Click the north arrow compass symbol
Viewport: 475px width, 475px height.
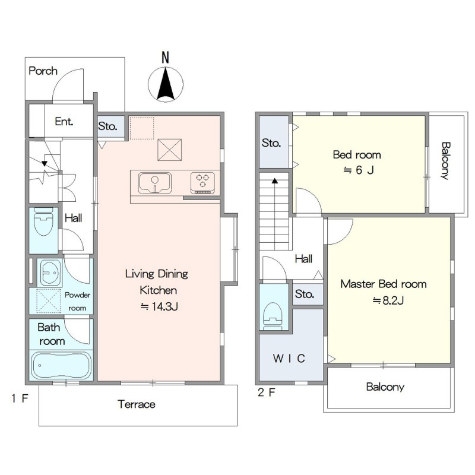point(166,84)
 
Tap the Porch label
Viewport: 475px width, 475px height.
point(43,71)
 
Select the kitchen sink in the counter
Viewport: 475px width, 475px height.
point(154,183)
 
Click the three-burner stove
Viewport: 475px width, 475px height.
point(202,183)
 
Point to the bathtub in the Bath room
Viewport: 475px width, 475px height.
point(61,365)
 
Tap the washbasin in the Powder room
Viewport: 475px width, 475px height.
point(50,273)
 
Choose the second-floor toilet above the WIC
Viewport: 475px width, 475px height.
point(273,316)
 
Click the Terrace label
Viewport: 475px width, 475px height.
point(137,404)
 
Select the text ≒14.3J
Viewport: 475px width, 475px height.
point(159,306)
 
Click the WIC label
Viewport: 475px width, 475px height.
point(289,359)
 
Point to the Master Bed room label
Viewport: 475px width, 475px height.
point(384,284)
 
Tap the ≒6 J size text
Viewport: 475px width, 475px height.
point(359,170)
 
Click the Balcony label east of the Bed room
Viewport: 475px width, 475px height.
point(445,161)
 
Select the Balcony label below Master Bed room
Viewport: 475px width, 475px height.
point(385,387)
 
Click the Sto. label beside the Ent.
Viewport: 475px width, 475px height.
point(107,126)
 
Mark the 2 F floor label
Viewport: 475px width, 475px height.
point(267,392)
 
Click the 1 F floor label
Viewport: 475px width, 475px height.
point(20,398)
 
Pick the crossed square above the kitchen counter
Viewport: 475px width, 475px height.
point(170,150)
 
